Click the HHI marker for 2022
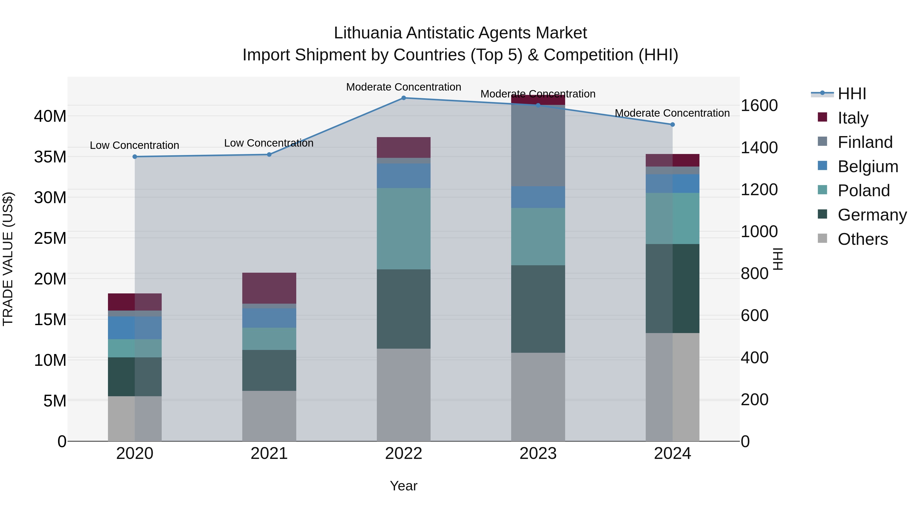point(404,98)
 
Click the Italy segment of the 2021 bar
point(269,288)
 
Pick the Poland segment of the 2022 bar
point(404,229)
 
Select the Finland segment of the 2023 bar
point(538,146)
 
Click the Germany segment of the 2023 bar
point(538,309)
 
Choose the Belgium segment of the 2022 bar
point(404,176)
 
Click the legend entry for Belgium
point(868,167)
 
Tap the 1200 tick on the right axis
point(759,190)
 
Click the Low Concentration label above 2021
point(269,143)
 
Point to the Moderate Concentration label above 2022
point(404,87)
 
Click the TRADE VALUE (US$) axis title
point(8,259)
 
